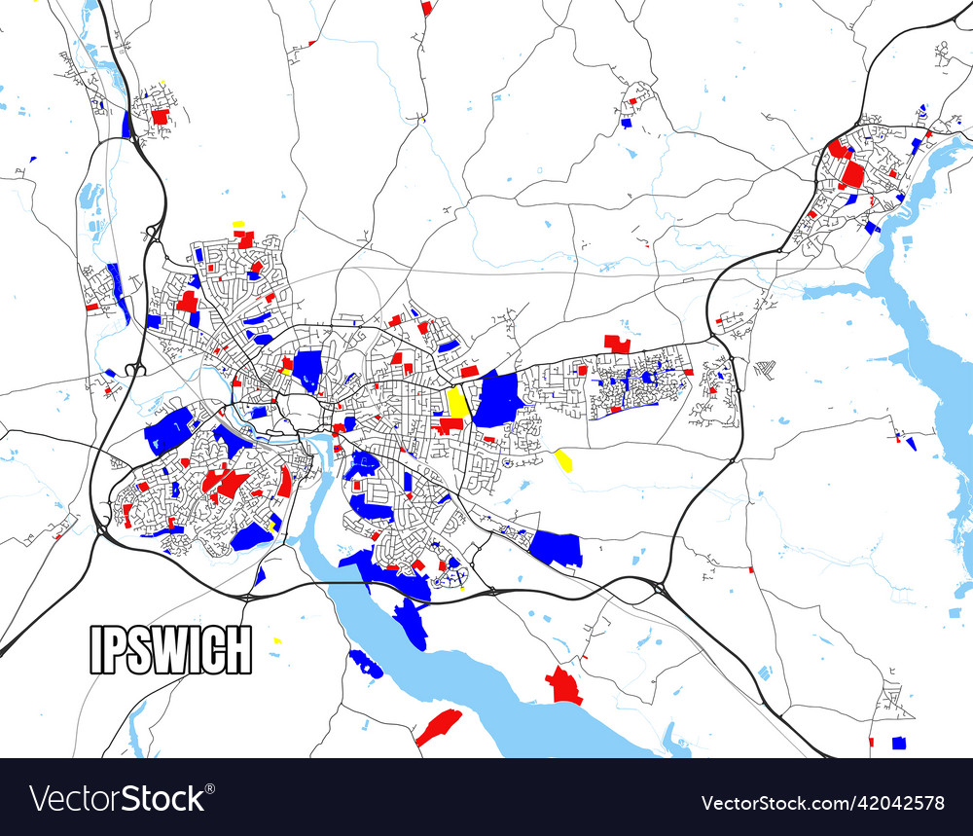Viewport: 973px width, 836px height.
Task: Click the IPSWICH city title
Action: pos(170,649)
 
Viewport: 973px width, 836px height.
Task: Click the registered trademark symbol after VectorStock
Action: pos(212,787)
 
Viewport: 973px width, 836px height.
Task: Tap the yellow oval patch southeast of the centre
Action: pos(563,459)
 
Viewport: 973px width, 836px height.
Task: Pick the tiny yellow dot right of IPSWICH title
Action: pos(277,640)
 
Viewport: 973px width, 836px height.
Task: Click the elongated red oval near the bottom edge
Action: pos(439,727)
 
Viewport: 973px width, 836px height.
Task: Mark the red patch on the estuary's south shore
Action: pos(563,685)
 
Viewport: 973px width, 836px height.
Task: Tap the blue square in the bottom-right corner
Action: pos(899,743)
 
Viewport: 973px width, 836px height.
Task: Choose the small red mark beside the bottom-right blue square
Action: pos(871,742)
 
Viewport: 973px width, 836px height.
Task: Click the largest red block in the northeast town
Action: pos(853,174)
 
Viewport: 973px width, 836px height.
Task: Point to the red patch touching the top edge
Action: pos(426,7)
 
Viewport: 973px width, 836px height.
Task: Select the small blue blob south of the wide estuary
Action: pos(366,664)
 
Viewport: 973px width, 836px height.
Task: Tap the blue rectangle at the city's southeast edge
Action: pos(557,548)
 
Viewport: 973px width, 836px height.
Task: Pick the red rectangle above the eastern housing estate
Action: pos(617,344)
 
